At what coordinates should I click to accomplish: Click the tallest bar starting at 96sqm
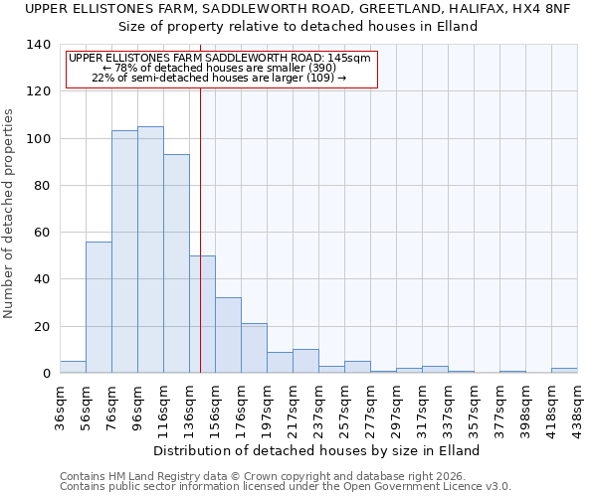click(x=150, y=249)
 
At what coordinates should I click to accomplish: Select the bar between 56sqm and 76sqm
click(x=99, y=307)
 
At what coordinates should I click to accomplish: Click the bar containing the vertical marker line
click(x=202, y=314)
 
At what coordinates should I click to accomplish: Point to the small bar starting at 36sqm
click(x=73, y=367)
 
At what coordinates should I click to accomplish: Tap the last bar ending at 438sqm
click(x=564, y=370)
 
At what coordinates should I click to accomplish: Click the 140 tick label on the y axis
click(x=38, y=45)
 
